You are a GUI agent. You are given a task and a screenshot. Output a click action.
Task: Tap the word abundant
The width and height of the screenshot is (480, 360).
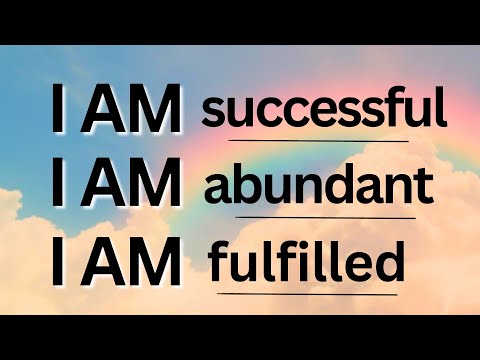click(x=318, y=187)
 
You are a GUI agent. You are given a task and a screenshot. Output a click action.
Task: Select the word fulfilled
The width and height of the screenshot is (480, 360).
click(x=306, y=264)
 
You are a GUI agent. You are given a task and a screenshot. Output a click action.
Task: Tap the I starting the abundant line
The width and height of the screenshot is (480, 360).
click(x=58, y=187)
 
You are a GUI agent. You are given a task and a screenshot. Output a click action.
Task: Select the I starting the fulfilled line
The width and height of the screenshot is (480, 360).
click(x=58, y=264)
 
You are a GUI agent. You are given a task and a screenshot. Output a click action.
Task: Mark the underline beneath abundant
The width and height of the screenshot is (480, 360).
click(x=321, y=217)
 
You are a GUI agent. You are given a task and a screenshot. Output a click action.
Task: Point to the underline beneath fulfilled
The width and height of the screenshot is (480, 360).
click(x=306, y=294)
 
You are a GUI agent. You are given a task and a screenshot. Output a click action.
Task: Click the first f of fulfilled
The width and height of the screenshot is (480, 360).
click(x=219, y=263)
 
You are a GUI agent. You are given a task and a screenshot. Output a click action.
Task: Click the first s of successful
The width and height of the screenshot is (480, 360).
click(x=213, y=113)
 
